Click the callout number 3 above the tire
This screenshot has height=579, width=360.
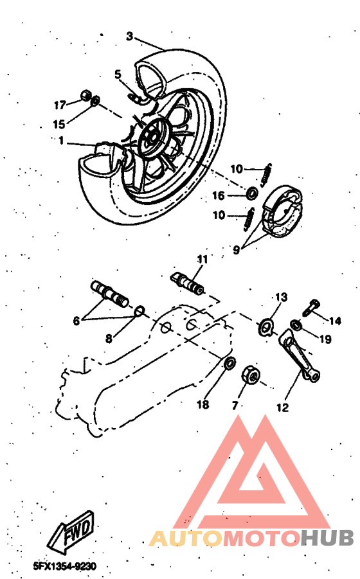click(x=129, y=37)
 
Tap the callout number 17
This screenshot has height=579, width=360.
click(x=60, y=105)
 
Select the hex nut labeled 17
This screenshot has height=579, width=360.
click(x=84, y=96)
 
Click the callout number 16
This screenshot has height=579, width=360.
click(x=219, y=195)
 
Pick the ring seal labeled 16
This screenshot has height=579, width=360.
click(x=253, y=192)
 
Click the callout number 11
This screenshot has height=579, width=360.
click(x=203, y=260)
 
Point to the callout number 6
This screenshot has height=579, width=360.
click(x=76, y=321)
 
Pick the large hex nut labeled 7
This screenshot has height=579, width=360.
click(x=250, y=375)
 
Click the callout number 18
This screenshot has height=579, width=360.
click(x=203, y=405)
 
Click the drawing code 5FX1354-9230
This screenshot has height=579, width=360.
click(x=64, y=567)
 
